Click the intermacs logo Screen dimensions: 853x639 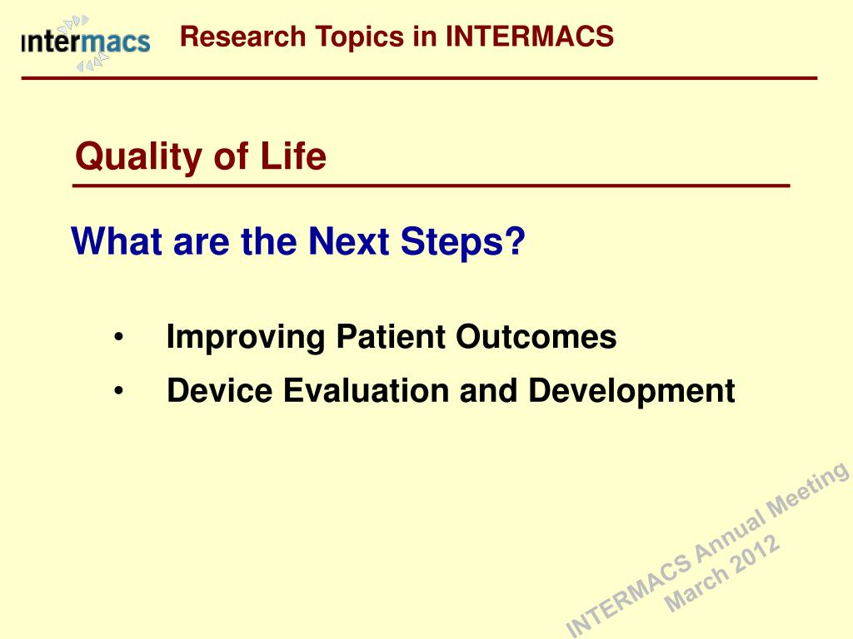[86, 43]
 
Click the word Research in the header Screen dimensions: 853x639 [242, 37]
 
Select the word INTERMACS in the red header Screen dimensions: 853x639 [529, 37]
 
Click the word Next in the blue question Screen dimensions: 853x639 [348, 240]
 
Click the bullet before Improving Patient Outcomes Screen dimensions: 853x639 [119, 337]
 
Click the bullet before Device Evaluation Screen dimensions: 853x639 [119, 391]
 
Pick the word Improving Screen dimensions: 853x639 [246, 338]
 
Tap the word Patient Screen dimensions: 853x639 [391, 337]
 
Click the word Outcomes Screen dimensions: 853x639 [536, 337]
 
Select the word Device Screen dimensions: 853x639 [219, 391]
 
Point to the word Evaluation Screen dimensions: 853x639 [366, 391]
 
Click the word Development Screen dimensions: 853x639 [631, 392]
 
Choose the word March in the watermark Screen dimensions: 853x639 [696, 590]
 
